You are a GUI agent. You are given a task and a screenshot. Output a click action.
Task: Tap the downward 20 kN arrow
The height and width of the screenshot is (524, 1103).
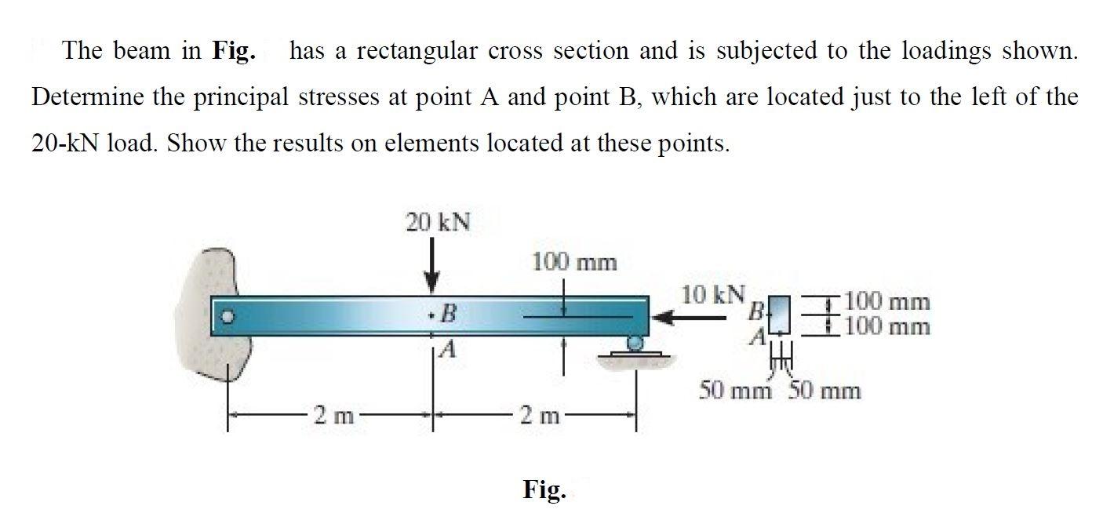coord(431,271)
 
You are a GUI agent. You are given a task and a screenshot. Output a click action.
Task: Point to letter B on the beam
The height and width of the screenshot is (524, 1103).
coord(448,315)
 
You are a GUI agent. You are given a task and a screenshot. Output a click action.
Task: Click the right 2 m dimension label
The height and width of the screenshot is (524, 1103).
coord(536,413)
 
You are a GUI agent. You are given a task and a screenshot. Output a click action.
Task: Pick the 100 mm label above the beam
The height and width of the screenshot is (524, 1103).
coord(574,262)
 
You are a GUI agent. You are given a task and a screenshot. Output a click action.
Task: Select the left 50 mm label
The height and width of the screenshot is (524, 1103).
coord(735,389)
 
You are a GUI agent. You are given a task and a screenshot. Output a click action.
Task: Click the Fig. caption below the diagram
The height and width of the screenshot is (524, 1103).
coord(543,490)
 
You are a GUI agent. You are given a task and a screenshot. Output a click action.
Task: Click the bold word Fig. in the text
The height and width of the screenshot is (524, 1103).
coord(233,52)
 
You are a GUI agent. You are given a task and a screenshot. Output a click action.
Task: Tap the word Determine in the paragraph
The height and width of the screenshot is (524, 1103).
coord(86,97)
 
